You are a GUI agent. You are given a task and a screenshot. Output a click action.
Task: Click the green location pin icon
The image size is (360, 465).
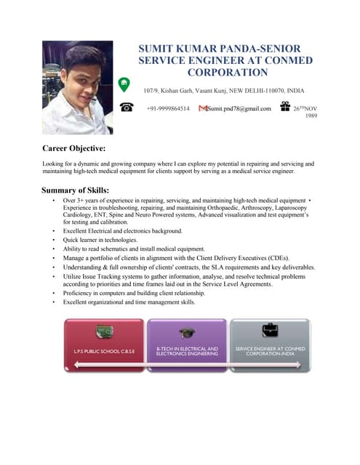click(x=124, y=84)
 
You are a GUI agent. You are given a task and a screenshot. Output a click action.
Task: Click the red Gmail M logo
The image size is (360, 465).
click(x=202, y=108)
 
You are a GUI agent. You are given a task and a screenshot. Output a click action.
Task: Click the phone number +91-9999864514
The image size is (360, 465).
click(x=168, y=109)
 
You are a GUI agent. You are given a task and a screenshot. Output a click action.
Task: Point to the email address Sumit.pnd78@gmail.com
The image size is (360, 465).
click(x=239, y=109)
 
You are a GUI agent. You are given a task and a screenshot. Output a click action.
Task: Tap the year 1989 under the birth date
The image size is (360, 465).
click(x=311, y=116)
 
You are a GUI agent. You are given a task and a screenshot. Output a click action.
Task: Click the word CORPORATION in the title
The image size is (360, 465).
click(x=227, y=72)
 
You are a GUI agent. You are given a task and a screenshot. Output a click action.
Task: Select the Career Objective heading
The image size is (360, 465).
click(x=75, y=148)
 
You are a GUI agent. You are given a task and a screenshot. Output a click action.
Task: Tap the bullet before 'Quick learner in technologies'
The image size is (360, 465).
click(x=55, y=239)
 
